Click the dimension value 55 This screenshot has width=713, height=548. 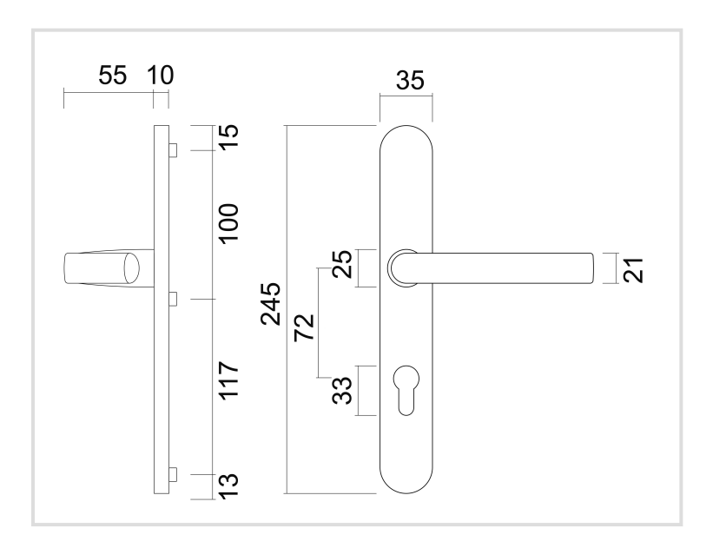[x=111, y=76]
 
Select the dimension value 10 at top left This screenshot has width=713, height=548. [x=160, y=76]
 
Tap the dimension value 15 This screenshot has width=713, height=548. [x=228, y=138]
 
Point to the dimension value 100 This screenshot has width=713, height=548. [x=228, y=224]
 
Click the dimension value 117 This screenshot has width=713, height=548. [x=228, y=386]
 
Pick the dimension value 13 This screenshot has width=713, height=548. [x=228, y=485]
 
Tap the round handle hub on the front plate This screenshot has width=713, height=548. [x=402, y=267]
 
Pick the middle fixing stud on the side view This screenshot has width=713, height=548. [x=173, y=299]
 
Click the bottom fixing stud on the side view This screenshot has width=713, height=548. [x=173, y=474]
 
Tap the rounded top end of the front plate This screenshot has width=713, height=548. [x=406, y=139]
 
